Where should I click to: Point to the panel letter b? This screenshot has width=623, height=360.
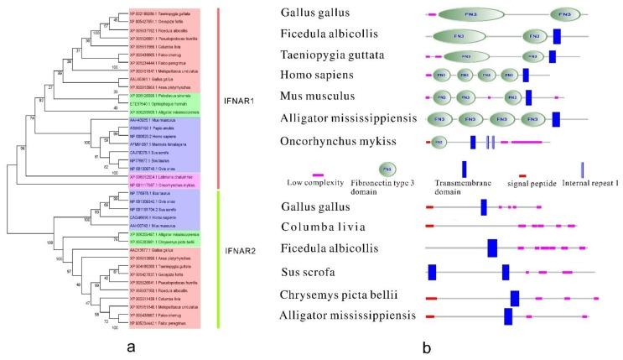(x=426, y=344)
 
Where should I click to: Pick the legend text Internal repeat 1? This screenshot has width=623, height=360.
(x=586, y=183)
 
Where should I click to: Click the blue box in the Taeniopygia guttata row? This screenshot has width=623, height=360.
(x=551, y=56)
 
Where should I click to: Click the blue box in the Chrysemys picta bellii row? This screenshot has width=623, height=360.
(x=515, y=298)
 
